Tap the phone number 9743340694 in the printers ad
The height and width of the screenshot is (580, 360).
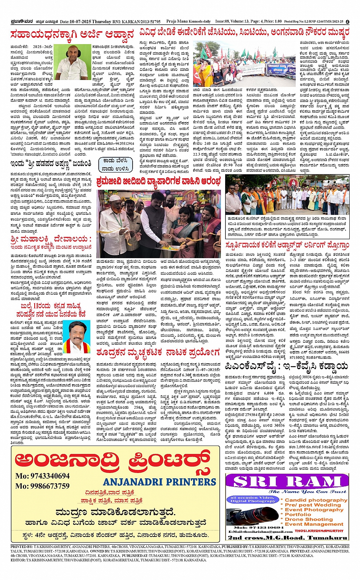pos(43,476)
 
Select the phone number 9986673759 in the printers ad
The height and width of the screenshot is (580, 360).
pos(43,486)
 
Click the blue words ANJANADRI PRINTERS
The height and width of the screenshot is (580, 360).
pos(159,482)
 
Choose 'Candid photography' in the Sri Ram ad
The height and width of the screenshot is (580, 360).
pos(316,500)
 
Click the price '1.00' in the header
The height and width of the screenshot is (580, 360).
pos(278,22)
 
